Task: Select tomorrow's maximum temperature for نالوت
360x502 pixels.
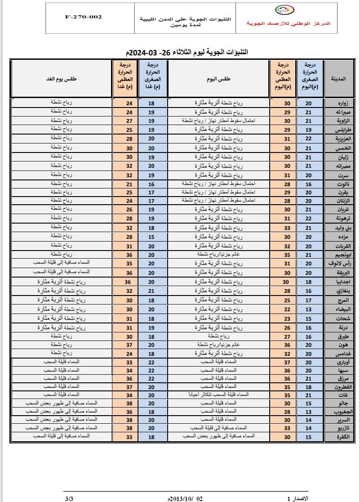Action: (129, 184)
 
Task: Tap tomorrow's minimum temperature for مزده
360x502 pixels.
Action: (151, 237)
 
